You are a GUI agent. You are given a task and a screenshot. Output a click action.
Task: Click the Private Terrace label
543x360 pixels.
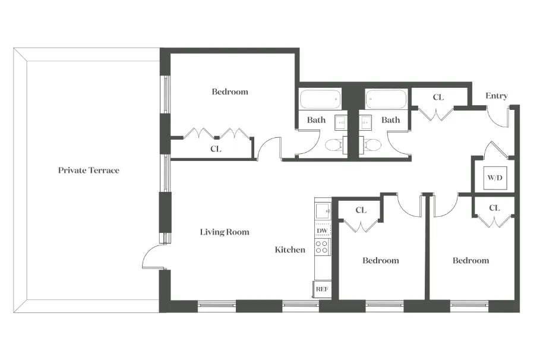89,170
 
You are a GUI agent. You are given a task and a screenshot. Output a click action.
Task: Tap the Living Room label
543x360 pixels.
225,232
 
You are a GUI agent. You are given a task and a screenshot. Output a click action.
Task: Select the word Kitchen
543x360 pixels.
290,250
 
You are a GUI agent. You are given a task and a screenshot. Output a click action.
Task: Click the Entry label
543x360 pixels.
496,96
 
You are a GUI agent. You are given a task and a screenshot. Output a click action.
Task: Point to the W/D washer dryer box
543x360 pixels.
494,178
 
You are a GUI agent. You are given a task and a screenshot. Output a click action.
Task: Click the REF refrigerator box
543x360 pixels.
321,289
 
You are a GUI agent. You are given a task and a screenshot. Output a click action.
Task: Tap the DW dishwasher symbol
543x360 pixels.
322,230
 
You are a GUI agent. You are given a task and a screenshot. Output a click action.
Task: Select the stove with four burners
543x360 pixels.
322,247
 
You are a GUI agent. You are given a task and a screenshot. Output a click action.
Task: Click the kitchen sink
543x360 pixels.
322,210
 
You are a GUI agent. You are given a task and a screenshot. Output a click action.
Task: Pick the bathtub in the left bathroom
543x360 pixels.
320,99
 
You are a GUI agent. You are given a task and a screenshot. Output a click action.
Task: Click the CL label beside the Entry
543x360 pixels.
438,97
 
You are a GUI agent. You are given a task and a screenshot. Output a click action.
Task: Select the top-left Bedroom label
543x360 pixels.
230,91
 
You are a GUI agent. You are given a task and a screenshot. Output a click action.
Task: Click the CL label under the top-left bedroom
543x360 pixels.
216,149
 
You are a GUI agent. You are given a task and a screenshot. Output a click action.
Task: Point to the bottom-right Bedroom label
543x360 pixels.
471,260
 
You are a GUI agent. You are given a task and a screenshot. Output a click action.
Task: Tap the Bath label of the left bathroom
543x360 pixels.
316,120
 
